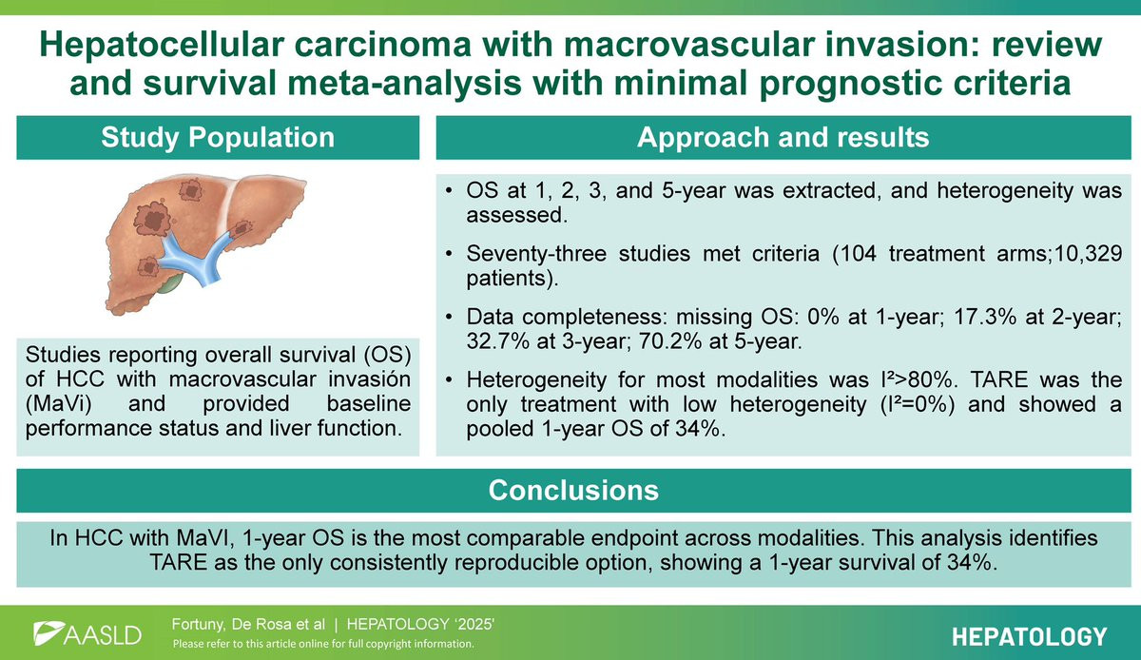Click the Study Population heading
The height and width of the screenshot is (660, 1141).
click(x=218, y=137)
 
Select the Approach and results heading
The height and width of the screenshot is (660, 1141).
click(x=783, y=137)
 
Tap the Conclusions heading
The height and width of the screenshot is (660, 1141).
click(x=573, y=490)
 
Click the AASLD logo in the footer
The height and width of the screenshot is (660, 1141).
click(x=87, y=634)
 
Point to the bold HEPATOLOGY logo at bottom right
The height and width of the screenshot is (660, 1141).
click(x=1030, y=637)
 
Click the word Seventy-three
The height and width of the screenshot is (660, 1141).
click(x=536, y=254)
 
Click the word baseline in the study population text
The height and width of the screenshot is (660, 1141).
click(x=369, y=403)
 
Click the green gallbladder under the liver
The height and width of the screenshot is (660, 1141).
click(x=170, y=282)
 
